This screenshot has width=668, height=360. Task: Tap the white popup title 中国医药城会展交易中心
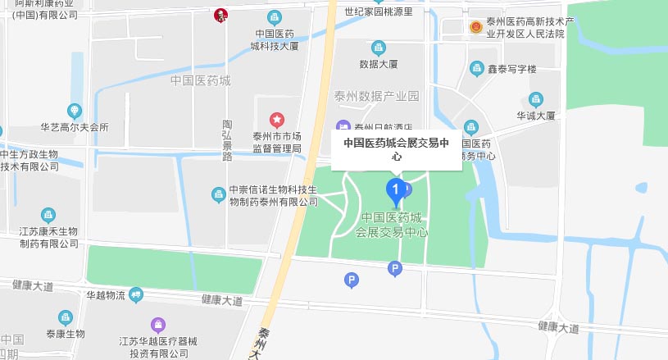397,148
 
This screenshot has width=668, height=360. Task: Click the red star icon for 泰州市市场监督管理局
276,121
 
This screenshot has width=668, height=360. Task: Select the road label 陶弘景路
227,140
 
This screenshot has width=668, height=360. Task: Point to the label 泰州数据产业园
376,96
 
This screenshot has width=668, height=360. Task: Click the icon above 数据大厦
378,48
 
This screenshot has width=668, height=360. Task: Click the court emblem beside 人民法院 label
475,26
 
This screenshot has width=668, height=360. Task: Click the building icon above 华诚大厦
536,100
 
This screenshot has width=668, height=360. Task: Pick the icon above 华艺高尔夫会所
75,111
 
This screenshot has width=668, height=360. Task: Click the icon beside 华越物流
136,294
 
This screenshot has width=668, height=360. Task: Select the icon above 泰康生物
65,317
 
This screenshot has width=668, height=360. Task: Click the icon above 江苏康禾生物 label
49,215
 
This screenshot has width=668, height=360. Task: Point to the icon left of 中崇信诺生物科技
218,194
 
